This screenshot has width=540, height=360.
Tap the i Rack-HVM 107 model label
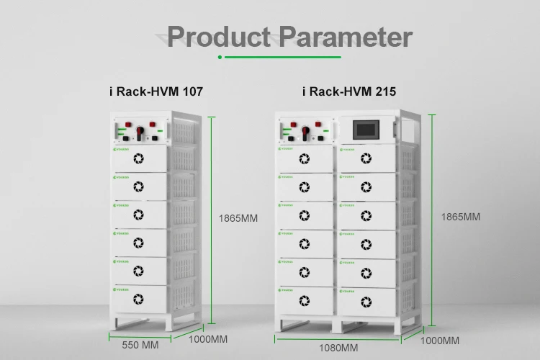coord(151,91)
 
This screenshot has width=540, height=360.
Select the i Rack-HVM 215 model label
coord(349,91)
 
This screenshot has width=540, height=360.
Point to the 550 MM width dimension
coord(140,345)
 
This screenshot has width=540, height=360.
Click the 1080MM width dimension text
coord(338,348)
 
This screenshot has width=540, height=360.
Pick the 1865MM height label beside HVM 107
coord(238,217)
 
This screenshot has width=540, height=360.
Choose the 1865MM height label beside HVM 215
coord(460,216)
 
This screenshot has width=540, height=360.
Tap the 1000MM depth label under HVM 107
coord(208,338)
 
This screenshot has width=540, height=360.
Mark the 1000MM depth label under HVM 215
coord(439,340)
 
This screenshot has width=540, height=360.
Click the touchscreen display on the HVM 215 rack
coord(366,130)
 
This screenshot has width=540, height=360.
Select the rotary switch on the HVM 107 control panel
coord(140,133)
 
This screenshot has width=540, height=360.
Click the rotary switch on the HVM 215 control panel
coord(306,132)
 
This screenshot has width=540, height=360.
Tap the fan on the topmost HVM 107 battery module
coord(140,158)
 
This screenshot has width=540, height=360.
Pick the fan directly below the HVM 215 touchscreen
coord(366,158)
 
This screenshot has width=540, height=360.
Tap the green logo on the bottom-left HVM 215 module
coord(287,289)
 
